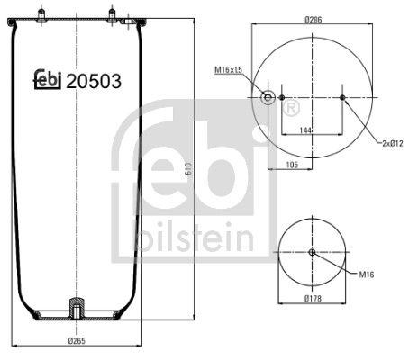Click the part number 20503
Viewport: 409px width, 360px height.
pyautogui.click(x=95, y=81)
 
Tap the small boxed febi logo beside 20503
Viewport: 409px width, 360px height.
pyautogui.click(x=47, y=81)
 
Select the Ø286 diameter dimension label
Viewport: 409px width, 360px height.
pyautogui.click(x=314, y=19)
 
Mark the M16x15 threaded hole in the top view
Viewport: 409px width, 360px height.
pyautogui.click(x=268, y=97)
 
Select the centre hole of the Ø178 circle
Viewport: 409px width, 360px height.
pyautogui.click(x=312, y=252)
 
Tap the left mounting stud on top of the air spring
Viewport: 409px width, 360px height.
pyautogui.click(x=41, y=13)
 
